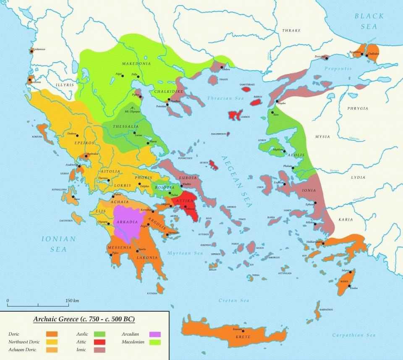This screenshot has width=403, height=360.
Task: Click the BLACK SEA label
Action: (369, 21)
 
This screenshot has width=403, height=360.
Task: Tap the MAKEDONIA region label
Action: (136, 63)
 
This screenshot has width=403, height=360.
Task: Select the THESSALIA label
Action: (126, 126)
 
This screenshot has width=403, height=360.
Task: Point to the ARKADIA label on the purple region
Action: (128, 222)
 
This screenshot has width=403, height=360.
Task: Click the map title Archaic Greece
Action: (84, 319)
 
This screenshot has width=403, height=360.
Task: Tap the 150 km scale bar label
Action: (72, 300)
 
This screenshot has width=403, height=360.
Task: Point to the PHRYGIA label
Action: (358, 108)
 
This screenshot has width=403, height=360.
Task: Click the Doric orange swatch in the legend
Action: (52, 334)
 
